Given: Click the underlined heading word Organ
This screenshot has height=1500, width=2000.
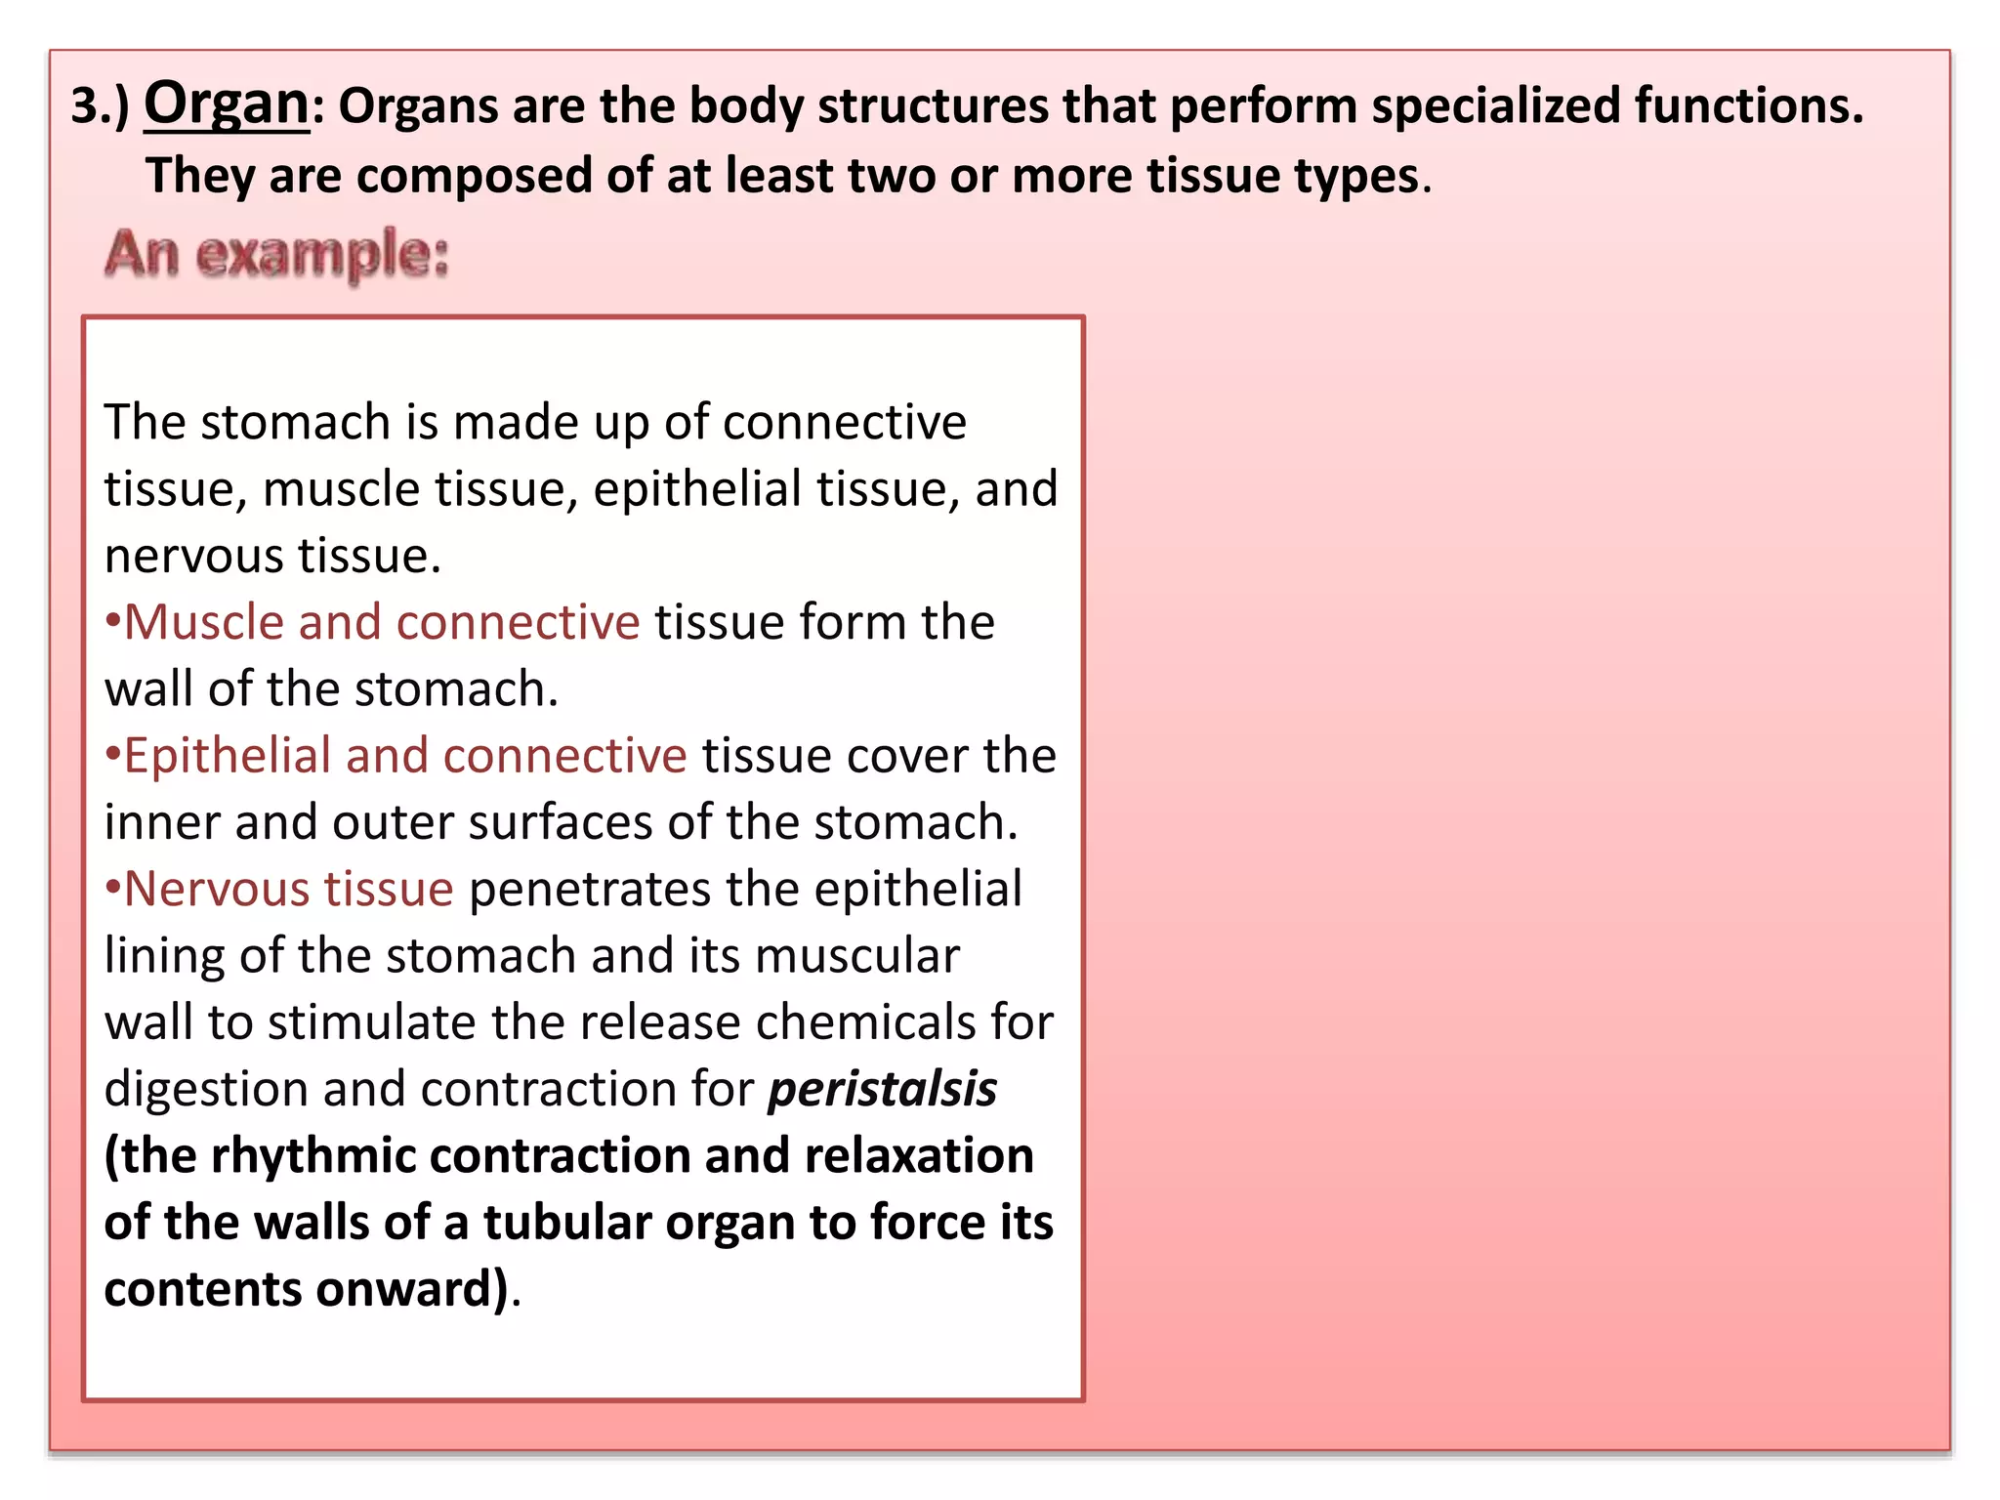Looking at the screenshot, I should [226, 104].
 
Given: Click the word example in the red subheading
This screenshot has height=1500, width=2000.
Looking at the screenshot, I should [321, 255].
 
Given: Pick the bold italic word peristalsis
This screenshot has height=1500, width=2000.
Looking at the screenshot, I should [882, 1089].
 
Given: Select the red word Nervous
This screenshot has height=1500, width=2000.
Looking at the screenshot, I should [216, 889].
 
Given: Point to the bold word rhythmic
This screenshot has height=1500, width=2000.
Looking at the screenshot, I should [313, 1155].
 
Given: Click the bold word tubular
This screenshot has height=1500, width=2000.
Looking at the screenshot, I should [567, 1223].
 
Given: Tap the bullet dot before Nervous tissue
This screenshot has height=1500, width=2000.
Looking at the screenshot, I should [112, 887].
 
